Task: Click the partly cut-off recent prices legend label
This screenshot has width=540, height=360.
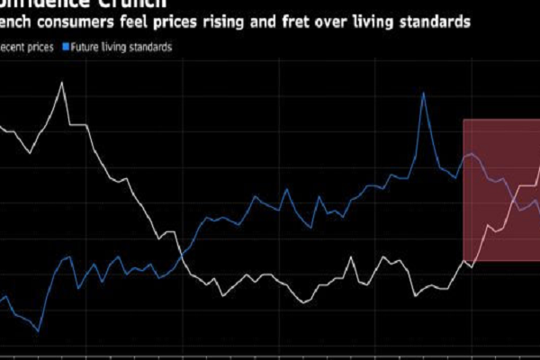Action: (x=27, y=45)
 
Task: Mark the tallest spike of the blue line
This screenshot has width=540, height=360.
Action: (x=423, y=93)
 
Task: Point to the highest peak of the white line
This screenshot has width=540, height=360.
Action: (x=61, y=83)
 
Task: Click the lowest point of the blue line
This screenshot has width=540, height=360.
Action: (x=38, y=331)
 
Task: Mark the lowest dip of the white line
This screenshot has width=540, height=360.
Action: (x=303, y=303)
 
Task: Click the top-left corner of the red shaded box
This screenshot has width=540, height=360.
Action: (x=463, y=120)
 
